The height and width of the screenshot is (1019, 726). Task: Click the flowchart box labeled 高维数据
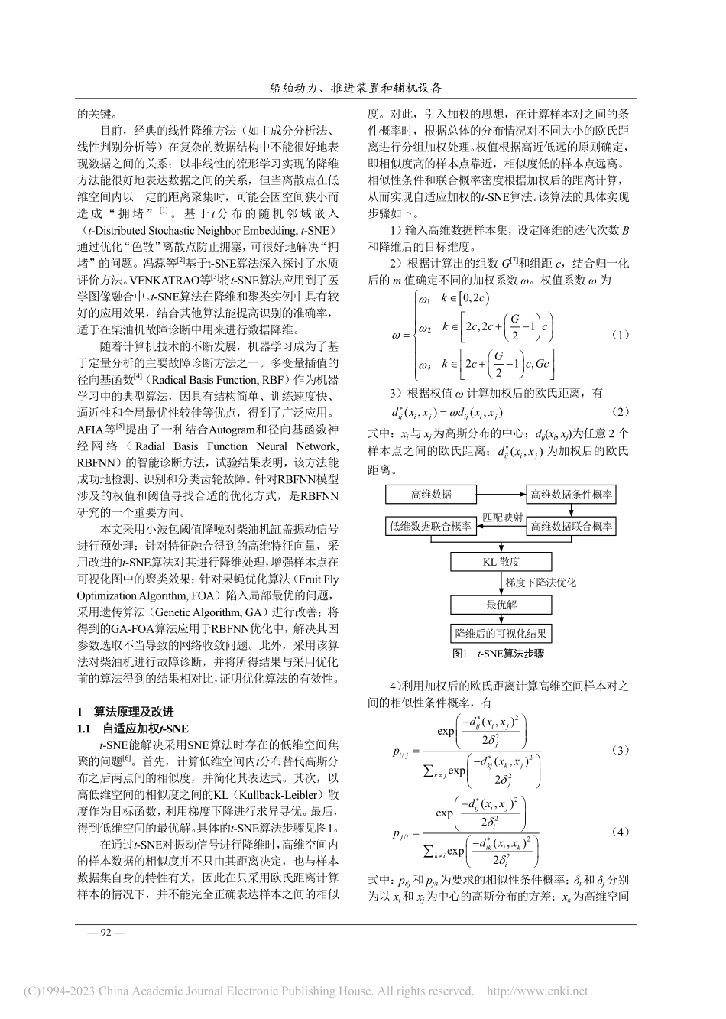coord(431,495)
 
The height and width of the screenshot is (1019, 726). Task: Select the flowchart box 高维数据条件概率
coord(571,495)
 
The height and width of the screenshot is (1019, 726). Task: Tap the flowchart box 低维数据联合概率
coord(431,526)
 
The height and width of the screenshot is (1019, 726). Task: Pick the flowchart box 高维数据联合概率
coord(571,526)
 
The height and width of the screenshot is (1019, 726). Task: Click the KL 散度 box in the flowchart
coord(501,562)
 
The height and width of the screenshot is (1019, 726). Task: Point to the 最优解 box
coord(501,605)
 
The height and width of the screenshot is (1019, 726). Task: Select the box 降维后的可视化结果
coord(501,633)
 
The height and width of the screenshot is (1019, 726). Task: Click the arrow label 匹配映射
coord(501,518)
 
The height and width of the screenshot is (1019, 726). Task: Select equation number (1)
coord(621,335)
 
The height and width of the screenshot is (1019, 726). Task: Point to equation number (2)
coord(621,412)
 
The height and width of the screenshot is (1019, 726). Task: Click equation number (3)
coord(621,751)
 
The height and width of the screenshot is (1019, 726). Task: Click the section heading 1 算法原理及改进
coord(125,711)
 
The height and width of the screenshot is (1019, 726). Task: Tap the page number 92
coord(102,932)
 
